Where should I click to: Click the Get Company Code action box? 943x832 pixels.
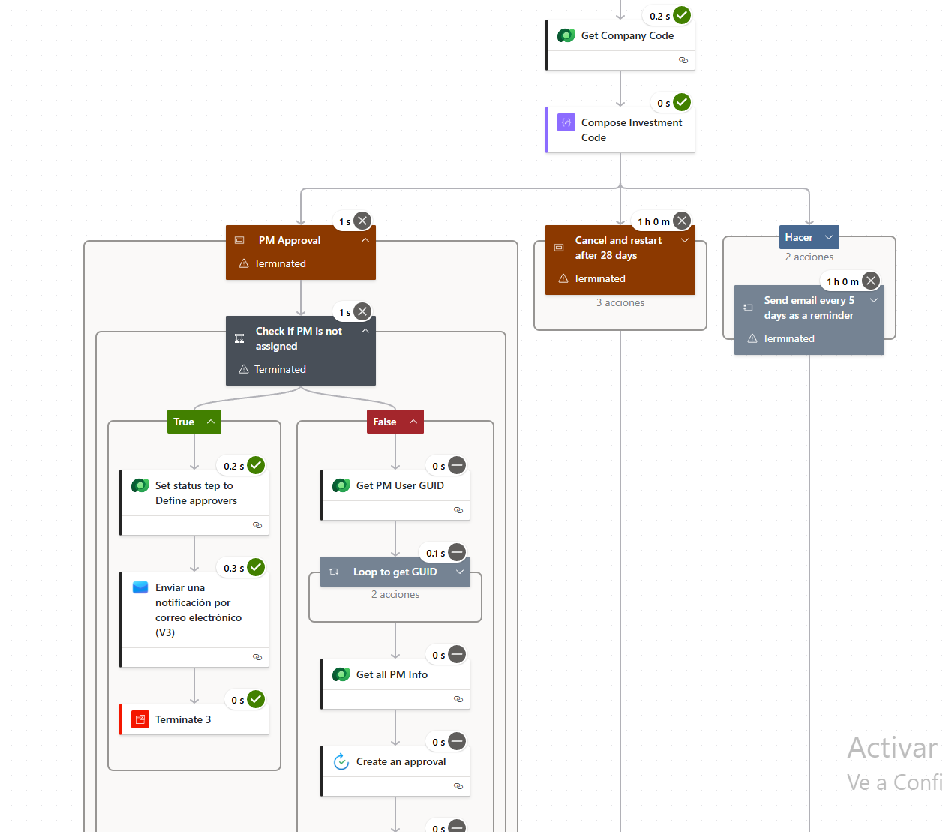(x=627, y=36)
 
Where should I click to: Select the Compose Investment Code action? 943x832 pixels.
(x=631, y=130)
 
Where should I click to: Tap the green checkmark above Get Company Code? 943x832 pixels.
(x=682, y=15)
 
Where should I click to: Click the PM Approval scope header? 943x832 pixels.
(x=290, y=241)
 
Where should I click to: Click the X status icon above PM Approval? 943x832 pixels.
(x=362, y=221)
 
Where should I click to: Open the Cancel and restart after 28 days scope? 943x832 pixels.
(x=618, y=248)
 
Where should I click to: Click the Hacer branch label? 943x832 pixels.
(x=800, y=238)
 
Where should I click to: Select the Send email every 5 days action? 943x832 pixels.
(x=809, y=308)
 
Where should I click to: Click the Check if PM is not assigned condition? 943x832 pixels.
(x=299, y=339)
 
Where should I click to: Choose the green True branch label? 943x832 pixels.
(x=185, y=422)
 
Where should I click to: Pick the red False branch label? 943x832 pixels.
(x=386, y=422)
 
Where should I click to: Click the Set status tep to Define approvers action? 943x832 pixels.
(x=196, y=494)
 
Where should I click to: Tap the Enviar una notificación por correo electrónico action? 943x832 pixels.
(x=198, y=610)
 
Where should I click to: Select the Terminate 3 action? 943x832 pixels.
(x=183, y=720)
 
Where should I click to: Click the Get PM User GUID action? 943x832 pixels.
(x=400, y=486)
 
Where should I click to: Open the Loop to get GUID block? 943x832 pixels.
(x=395, y=572)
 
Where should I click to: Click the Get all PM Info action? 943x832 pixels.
(x=392, y=675)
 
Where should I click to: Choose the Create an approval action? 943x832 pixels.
(x=401, y=762)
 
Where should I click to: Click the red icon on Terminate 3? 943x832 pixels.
(x=140, y=720)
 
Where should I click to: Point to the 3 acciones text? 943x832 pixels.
(x=620, y=303)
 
